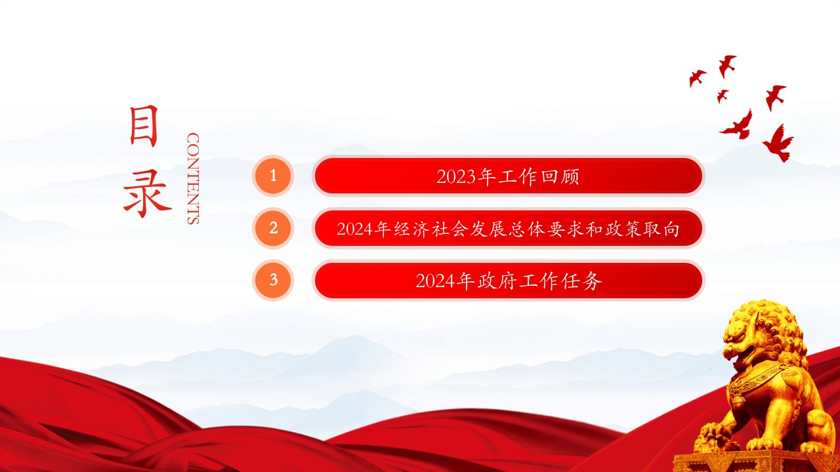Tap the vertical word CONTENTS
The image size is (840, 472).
point(193,179)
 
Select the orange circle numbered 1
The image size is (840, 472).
point(273,176)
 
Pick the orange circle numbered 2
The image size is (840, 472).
point(273,228)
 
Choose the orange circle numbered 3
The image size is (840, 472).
point(273,280)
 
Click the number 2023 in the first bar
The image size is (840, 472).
point(456,177)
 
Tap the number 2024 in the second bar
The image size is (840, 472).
point(355,229)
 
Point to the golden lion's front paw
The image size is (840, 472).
point(713,435)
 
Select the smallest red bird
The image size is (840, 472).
point(723,96)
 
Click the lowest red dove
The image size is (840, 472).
point(778,143)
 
